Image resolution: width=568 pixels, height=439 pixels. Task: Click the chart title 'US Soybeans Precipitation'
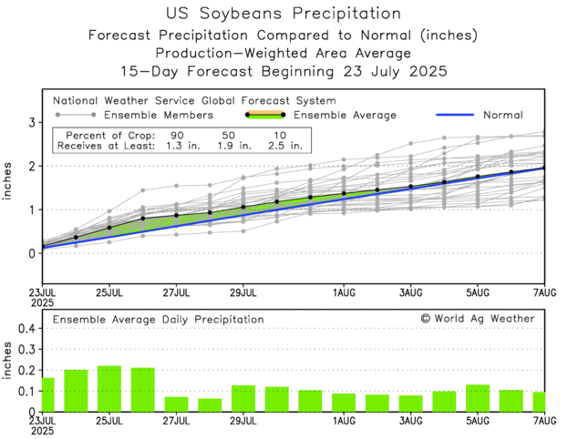coord(284,14)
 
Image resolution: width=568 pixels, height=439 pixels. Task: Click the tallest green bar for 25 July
coord(109,388)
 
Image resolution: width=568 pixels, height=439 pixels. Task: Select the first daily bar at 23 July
coord(47,394)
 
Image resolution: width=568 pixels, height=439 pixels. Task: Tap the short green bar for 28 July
coord(210,404)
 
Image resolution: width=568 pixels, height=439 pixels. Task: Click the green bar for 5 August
coord(478,397)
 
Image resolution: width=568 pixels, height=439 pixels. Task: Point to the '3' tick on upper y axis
coord(32,122)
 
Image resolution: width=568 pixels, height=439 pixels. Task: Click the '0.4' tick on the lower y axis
coord(26,328)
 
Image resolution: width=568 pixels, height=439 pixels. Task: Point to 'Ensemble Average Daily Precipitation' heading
coord(158,320)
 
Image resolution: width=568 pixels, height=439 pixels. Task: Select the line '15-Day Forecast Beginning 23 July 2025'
coord(284,71)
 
